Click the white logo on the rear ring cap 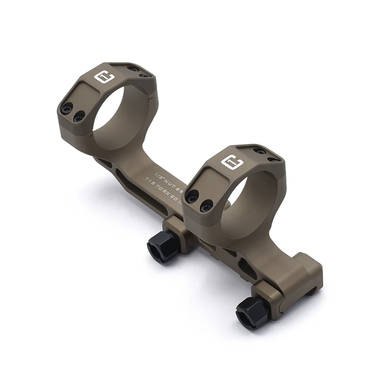tap(102, 77)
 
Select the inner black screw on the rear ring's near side tap(79, 115)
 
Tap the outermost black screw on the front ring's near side tap(192, 197)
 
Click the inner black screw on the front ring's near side tap(206, 205)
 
